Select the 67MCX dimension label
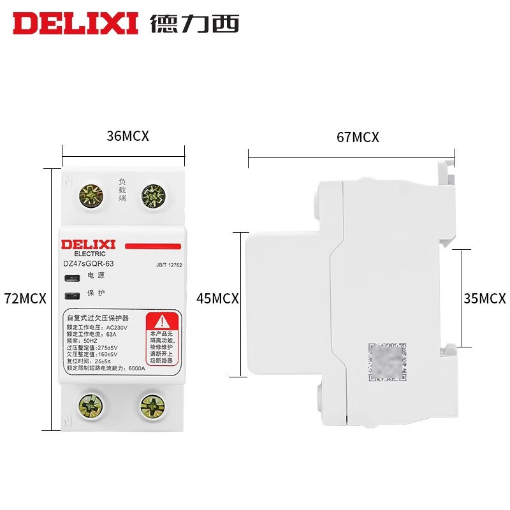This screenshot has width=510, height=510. coord(357,137)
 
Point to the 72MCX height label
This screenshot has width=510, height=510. coord(25,298)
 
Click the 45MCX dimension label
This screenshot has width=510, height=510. coord(217,298)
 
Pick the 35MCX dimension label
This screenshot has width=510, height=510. coord(483,298)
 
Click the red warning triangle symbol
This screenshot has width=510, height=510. coord(164,321)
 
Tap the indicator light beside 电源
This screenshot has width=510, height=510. coord(72,277)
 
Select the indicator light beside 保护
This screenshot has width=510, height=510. coord(72,295)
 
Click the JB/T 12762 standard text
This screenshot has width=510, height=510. coord(169,265)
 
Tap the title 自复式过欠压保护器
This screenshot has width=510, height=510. coord(99,317)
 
